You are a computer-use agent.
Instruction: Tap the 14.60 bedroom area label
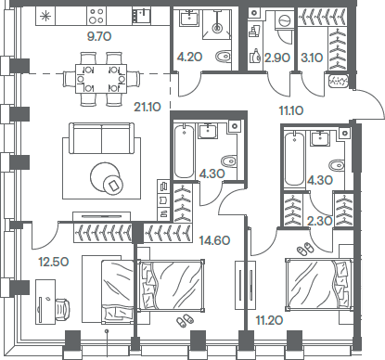[214, 239]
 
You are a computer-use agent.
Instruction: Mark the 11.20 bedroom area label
[269, 320]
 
